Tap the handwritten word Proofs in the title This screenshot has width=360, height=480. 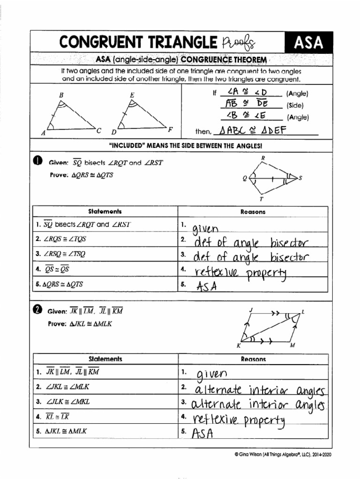(x=239, y=43)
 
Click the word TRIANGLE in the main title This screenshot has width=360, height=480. (x=178, y=43)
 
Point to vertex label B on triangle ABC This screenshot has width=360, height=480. (x=61, y=95)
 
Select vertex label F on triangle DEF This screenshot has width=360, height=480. (x=170, y=128)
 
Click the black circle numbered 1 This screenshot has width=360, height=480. (x=37, y=162)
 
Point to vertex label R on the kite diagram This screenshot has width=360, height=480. (x=263, y=158)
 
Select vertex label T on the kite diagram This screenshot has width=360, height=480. (x=262, y=199)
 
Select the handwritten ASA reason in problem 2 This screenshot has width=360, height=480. (x=203, y=433)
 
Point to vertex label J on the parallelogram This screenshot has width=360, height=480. (x=252, y=310)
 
